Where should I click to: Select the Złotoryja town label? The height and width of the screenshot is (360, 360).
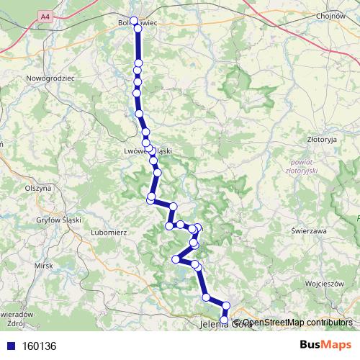[322, 140]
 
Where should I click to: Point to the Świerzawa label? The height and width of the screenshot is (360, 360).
[310, 231]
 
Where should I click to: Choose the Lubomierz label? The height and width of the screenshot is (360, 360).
[109, 233]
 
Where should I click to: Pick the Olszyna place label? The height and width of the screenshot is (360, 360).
[37, 187]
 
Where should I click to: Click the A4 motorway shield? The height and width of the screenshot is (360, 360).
[46, 15]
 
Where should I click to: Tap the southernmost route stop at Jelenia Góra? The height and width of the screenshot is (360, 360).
[224, 320]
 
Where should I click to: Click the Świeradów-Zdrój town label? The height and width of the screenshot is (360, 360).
[14, 318]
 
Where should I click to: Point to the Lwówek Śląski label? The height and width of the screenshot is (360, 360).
[148, 151]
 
